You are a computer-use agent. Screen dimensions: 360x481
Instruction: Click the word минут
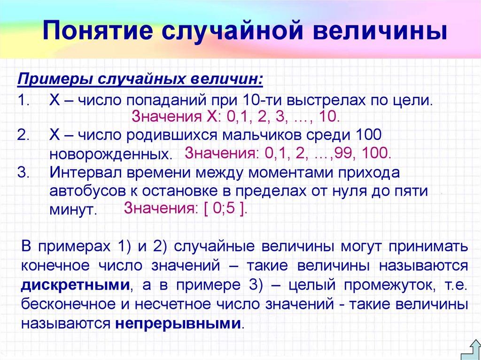pos(73,210)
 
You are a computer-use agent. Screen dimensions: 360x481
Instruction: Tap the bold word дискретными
pos(76,285)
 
